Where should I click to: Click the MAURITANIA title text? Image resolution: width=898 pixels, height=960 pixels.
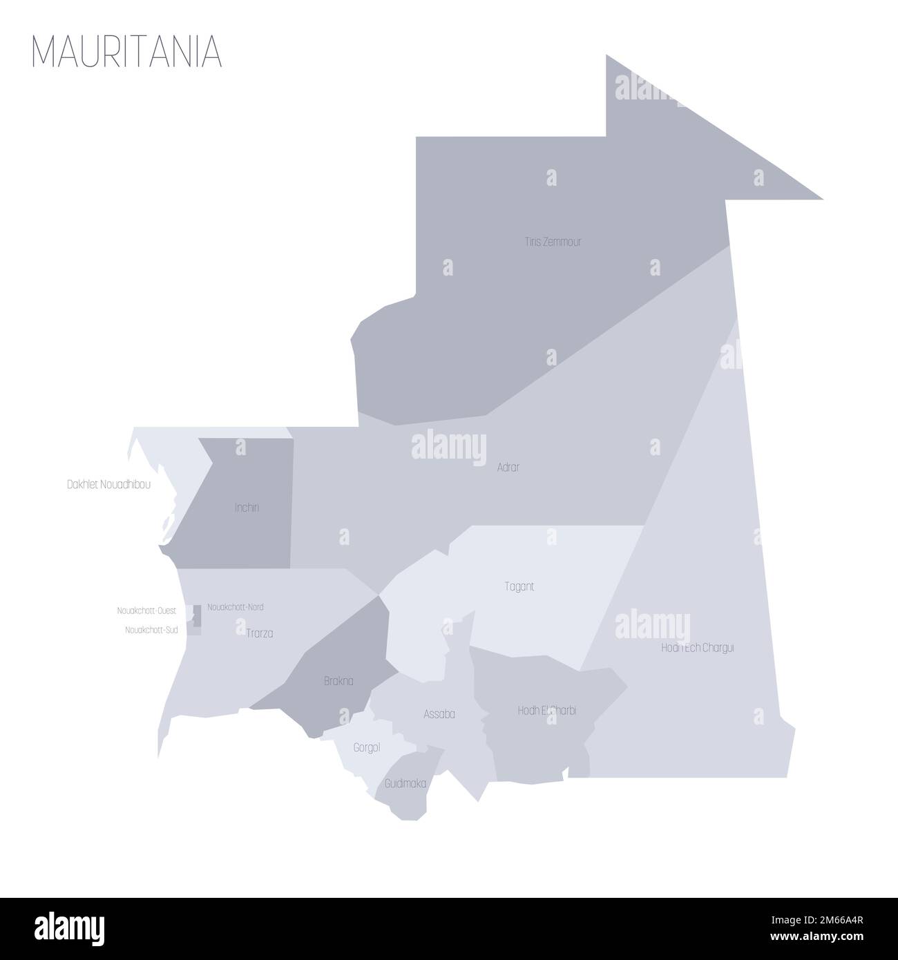click(127, 50)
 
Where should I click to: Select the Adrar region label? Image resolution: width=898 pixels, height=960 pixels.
click(508, 468)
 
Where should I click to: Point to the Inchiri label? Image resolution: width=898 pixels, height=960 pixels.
click(247, 508)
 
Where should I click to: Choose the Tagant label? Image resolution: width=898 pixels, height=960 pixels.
click(519, 587)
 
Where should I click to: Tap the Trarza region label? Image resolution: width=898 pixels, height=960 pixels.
click(260, 633)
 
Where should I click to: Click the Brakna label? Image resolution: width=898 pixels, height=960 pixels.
click(338, 681)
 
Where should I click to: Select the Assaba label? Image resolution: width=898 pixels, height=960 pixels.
click(439, 714)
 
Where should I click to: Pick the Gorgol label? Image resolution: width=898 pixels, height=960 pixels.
click(366, 748)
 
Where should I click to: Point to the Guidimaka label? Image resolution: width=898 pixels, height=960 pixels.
click(405, 784)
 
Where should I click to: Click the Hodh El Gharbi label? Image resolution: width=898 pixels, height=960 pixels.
click(546, 710)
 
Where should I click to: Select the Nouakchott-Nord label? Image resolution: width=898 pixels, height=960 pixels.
click(235, 607)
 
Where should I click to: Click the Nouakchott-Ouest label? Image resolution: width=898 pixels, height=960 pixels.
click(146, 611)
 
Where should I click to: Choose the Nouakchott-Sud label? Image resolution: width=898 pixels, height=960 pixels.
click(151, 630)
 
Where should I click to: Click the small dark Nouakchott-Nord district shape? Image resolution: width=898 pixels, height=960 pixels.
click(197, 611)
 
